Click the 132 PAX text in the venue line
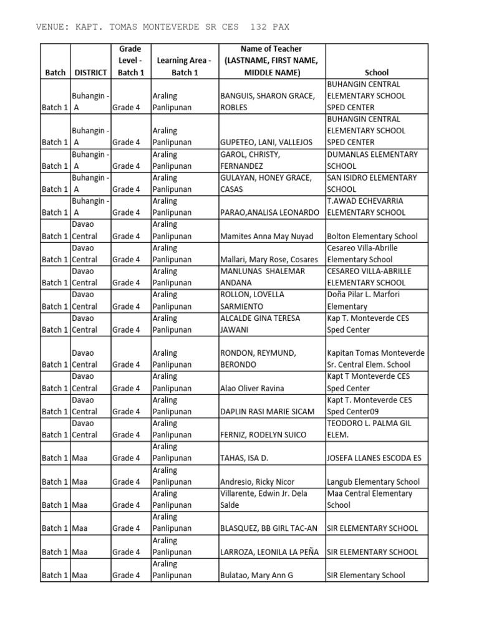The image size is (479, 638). [x=269, y=27]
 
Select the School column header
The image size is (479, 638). [x=376, y=72]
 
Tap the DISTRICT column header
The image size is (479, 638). [x=90, y=72]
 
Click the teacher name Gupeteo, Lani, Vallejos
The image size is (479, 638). [x=266, y=142]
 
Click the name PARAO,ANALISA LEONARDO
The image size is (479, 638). [x=270, y=212]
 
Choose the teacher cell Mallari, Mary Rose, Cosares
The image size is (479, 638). [x=269, y=259]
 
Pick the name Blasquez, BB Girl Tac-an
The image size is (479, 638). [x=269, y=528]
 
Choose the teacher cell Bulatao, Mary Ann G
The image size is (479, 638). [x=256, y=575]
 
